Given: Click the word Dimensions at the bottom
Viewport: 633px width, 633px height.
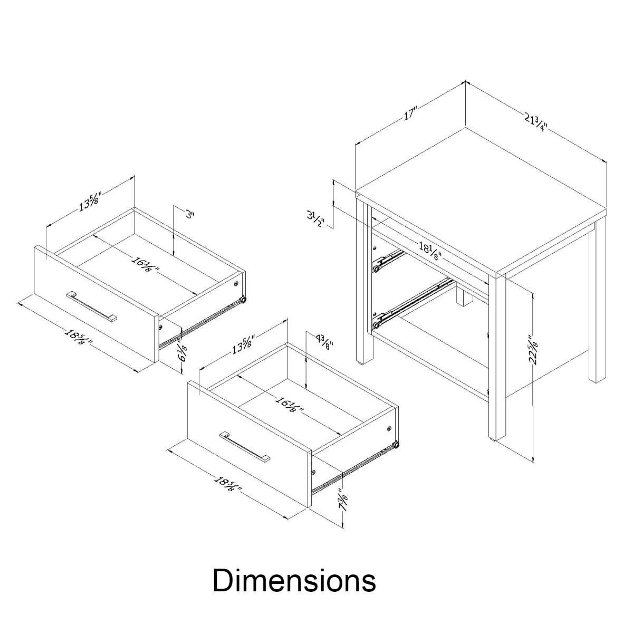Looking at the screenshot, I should tap(294, 580).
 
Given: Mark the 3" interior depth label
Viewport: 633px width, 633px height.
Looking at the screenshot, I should tap(190, 215).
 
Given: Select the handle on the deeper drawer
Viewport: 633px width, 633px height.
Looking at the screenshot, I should tap(245, 446).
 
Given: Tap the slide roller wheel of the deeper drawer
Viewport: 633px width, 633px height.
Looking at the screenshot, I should tap(395, 447).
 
